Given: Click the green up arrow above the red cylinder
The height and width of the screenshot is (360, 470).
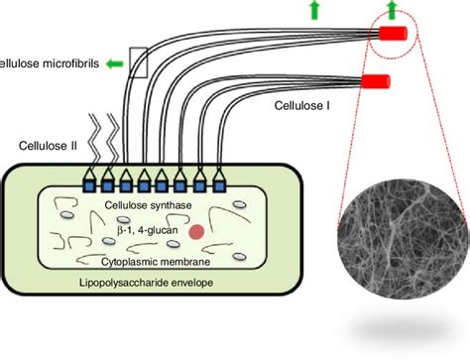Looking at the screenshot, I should tap(392, 9).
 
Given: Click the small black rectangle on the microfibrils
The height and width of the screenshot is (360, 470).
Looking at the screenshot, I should tap(138, 62).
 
